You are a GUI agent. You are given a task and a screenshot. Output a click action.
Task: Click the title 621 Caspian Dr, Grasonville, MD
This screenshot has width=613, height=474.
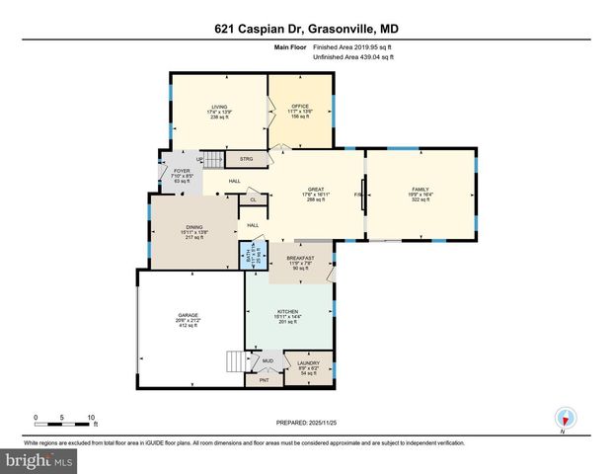(x=306, y=31)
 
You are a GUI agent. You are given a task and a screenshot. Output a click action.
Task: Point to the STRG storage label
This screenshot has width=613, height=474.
(x=246, y=158)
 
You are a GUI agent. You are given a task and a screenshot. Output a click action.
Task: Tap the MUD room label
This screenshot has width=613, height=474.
(x=268, y=361)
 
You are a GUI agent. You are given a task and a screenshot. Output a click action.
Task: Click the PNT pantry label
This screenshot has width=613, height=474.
(x=264, y=380)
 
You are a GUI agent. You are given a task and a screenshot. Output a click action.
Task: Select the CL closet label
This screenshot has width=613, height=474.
(x=254, y=199)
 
